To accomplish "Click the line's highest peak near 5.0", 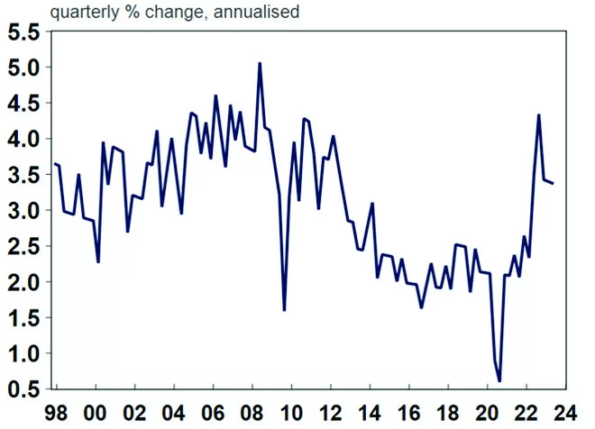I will coord(260,63).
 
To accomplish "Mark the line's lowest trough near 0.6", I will coord(499,381).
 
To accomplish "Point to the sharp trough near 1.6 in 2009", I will coord(284,310).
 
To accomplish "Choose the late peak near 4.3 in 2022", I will coord(538,114).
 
